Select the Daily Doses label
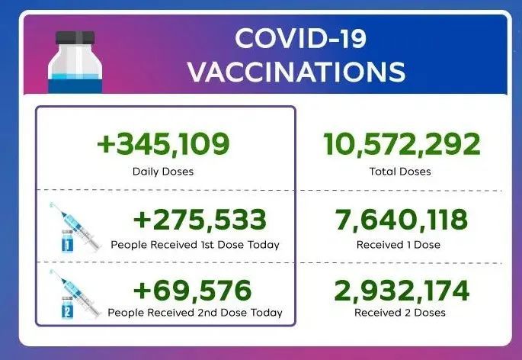click(163, 171)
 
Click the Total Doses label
click(400, 171)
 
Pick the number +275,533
click(200, 220)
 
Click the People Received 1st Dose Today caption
click(195, 245)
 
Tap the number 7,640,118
click(401, 220)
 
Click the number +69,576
click(191, 290)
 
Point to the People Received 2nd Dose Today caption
click(195, 313)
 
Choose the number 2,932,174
click(401, 290)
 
